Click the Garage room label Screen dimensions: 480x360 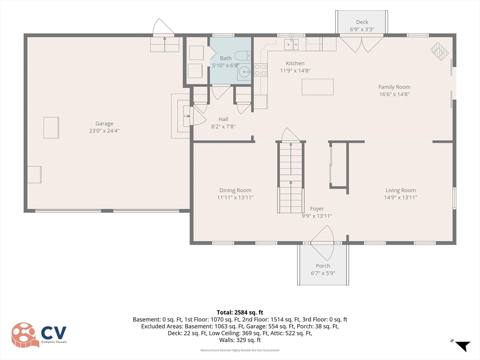pos(104,123)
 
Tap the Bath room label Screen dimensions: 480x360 pos(225,58)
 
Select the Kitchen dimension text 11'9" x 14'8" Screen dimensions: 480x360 pos(295,70)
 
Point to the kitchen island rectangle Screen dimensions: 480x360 pos(317,87)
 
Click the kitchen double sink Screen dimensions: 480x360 pos(291,45)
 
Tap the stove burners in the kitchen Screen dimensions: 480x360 pos(261,70)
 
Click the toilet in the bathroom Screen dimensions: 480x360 pos(243,56)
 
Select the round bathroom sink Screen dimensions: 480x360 pos(244,73)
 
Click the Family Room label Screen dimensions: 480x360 pos(394,87)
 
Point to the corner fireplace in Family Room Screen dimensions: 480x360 pos(439,52)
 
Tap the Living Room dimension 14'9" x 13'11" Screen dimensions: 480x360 pos(400,197)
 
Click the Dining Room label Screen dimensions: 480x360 pos(235,190)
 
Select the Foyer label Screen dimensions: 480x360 pos(317,209)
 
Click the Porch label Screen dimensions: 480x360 pos(323,266)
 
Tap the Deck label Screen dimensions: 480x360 pos(362,22)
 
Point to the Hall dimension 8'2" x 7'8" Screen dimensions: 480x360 pos(223,127)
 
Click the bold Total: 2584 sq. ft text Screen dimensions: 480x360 pos(240,313)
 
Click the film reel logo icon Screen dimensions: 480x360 pos(24,335)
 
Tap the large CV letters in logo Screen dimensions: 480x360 pos(54,333)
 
